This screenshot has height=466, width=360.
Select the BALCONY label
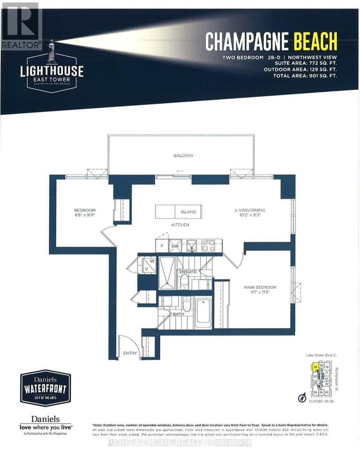click(184, 156)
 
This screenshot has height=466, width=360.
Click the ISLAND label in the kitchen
click(188, 212)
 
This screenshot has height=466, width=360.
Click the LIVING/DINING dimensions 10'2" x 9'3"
click(250, 216)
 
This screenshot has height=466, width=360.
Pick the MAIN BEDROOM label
click(260, 287)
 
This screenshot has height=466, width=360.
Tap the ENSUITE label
click(188, 272)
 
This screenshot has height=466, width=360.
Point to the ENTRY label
click(130, 353)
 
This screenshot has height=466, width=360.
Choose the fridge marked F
click(161, 246)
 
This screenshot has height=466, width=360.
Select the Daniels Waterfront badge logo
click(45, 388)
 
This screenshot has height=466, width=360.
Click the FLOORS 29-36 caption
click(320, 401)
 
